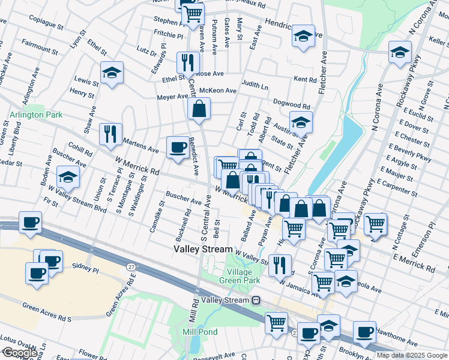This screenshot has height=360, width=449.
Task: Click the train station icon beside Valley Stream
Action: click(256, 300)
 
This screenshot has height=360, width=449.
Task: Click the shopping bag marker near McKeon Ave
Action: click(199, 109)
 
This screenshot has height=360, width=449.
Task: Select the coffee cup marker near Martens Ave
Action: click(178, 147)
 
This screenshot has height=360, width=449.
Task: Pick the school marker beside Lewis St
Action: click(112, 73)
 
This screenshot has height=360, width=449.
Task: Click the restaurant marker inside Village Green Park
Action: click(280, 265)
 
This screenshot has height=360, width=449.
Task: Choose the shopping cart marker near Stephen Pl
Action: click(193, 13)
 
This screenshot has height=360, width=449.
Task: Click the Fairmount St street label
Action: click(40, 45)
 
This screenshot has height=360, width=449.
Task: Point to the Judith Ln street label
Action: click(255, 86)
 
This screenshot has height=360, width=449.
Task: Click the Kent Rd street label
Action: click(305, 79)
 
